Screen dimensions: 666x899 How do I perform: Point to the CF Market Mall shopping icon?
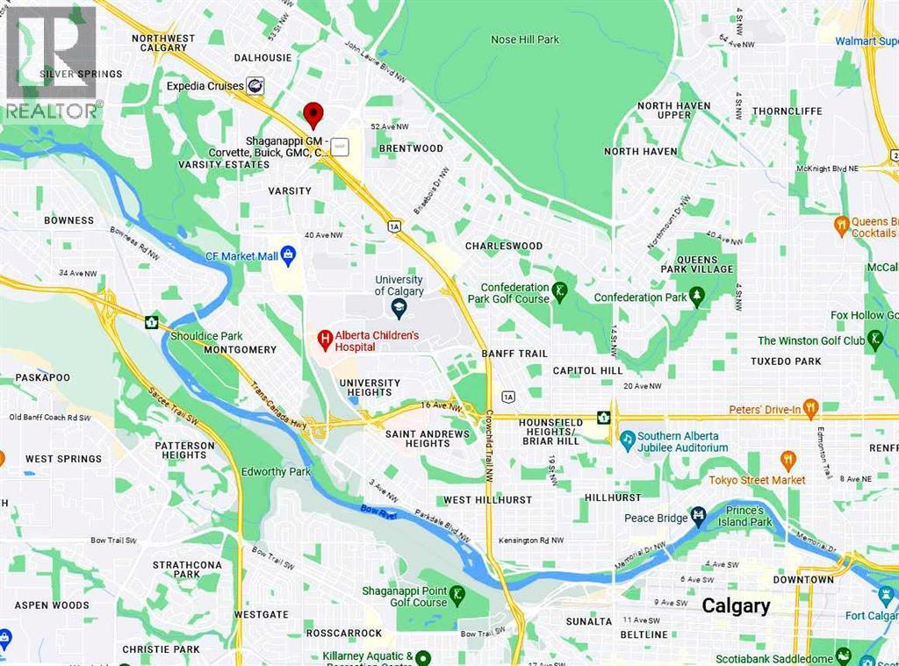click(289, 254)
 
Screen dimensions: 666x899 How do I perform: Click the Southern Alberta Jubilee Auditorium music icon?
click(628, 438)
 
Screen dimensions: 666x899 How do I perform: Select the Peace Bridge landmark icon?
click(698, 517)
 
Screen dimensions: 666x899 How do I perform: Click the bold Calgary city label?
click(736, 605)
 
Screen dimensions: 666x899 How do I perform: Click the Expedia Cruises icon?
click(255, 85)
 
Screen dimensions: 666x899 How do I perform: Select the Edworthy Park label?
click(276, 471)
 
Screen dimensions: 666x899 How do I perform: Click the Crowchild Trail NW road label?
click(488, 448)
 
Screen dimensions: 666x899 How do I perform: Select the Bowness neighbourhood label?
click(68, 220)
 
